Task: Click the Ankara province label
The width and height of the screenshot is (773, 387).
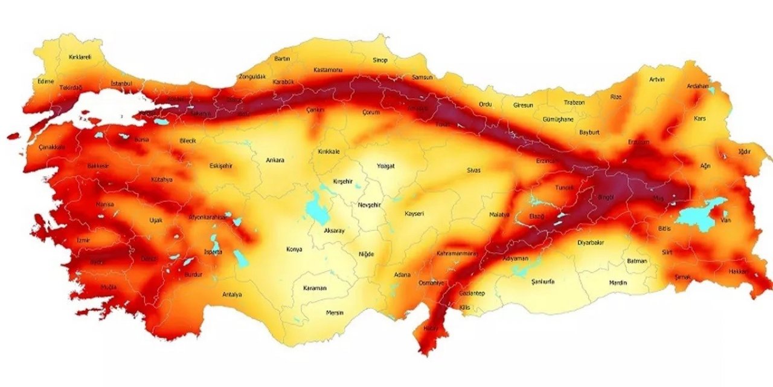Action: pyautogui.click(x=275, y=160)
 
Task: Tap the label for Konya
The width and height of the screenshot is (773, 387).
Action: pyautogui.click(x=293, y=249)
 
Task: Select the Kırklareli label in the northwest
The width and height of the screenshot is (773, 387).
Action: pyautogui.click(x=80, y=57)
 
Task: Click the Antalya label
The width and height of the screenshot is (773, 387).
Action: pyautogui.click(x=232, y=294)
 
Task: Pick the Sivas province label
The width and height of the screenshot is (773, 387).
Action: pyautogui.click(x=473, y=171)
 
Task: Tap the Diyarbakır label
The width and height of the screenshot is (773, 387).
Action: pyautogui.click(x=591, y=242)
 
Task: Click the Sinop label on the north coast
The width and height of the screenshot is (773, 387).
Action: pyautogui.click(x=380, y=60)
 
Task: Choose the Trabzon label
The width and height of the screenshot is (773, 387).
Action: pyautogui.click(x=574, y=102)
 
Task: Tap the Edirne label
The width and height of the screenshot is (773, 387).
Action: pyautogui.click(x=46, y=80)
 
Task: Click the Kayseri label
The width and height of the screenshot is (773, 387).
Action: pyautogui.click(x=414, y=213)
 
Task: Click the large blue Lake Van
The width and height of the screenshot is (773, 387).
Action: pyautogui.click(x=698, y=215)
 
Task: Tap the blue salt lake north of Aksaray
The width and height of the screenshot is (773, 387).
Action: pyautogui.click(x=314, y=207)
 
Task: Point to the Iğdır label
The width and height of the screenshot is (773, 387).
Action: pyautogui.click(x=744, y=151)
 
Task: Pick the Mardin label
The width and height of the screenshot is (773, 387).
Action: pyautogui.click(x=618, y=282)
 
